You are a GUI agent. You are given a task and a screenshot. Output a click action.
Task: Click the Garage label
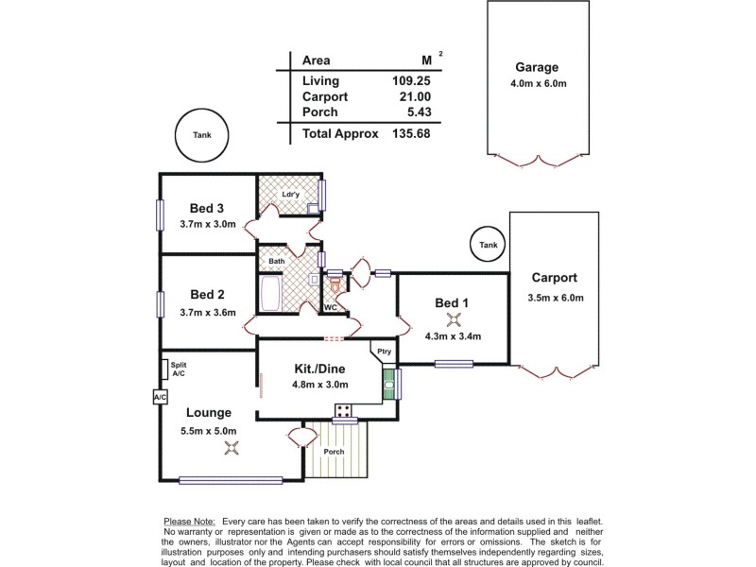[537, 67]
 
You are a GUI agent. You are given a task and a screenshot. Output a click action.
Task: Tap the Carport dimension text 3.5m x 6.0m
[558, 298]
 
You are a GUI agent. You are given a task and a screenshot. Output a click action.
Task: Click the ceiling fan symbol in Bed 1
[450, 318]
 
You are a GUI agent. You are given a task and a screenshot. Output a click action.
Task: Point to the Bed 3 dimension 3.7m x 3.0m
[206, 224]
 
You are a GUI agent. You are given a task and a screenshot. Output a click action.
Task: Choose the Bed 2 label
[206, 294]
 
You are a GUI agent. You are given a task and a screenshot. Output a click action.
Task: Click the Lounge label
[208, 413]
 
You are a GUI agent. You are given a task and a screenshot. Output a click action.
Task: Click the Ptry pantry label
[384, 352]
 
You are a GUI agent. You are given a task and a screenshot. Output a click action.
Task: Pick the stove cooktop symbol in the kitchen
[343, 410]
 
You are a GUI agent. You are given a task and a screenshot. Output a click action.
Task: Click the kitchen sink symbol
[387, 384]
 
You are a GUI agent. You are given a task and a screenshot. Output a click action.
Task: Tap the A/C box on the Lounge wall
[159, 398]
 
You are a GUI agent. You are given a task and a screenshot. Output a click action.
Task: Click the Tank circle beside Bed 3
[202, 135]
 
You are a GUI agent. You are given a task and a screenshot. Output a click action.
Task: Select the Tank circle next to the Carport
[488, 245]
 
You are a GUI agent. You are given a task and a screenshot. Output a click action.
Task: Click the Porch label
[334, 451]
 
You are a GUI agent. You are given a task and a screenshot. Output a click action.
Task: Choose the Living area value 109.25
[412, 81]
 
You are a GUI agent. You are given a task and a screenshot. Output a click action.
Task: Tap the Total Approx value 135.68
[412, 134]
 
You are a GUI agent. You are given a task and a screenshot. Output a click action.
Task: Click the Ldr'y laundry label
[290, 195]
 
